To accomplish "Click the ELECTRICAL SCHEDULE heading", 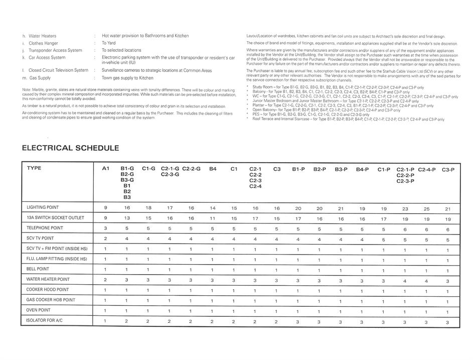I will (x=70, y=148).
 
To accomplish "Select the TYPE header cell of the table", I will (x=34, y=168).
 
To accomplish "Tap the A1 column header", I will (x=105, y=169).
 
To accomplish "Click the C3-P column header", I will (x=448, y=170).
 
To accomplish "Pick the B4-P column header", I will (x=362, y=169).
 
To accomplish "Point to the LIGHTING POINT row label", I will (x=43, y=207).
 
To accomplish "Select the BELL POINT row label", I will (x=38, y=269).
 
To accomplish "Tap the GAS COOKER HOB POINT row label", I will (x=51, y=300).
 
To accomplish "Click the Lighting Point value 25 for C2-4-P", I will (x=427, y=208).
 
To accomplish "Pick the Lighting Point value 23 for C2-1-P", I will (x=405, y=208).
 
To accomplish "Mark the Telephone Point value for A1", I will (x=105, y=228).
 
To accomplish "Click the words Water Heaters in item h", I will (x=43, y=36).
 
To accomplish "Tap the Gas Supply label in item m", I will (x=40, y=78).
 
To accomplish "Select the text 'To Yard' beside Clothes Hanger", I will (x=108, y=43).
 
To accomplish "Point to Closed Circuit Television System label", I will (x=58, y=70).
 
